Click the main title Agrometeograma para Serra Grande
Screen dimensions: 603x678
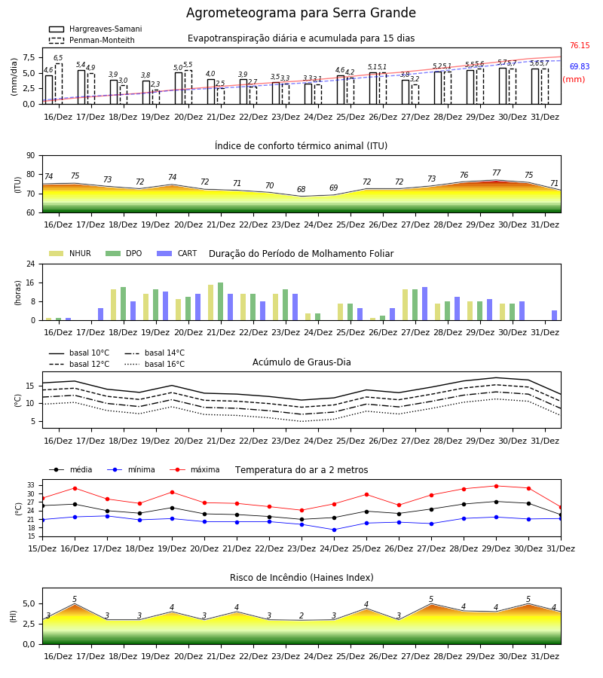(301, 13)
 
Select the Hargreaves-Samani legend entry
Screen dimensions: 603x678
(96, 29)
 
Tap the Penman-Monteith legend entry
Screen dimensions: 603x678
(92, 40)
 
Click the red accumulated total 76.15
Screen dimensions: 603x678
(580, 45)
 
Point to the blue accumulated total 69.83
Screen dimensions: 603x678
(580, 66)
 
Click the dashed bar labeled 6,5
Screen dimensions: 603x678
(59, 84)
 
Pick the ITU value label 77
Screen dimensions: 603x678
(496, 173)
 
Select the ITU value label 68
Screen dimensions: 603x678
(301, 189)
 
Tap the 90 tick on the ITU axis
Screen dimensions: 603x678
(31, 156)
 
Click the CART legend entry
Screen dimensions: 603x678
(177, 253)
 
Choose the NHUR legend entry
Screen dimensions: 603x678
(70, 253)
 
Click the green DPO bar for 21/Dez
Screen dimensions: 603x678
(221, 301)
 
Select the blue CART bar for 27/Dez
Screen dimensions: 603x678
(425, 304)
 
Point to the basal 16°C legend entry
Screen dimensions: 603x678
(155, 364)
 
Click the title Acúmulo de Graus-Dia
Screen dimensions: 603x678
(301, 362)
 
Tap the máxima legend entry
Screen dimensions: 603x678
(195, 469)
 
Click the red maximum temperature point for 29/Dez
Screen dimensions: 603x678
(496, 486)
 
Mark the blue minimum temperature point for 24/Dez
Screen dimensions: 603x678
(334, 530)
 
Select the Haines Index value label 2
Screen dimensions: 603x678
(301, 615)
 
